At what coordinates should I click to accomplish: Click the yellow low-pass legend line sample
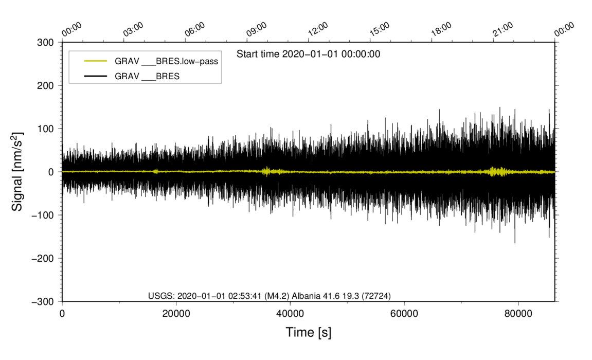pyautogui.click(x=96, y=61)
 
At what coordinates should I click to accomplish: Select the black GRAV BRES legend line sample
pyautogui.click(x=96, y=76)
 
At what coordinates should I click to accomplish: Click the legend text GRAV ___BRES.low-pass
pyautogui.click(x=167, y=61)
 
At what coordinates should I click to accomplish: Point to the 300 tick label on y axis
pyautogui.click(x=45, y=42)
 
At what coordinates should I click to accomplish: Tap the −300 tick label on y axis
pyautogui.click(x=42, y=302)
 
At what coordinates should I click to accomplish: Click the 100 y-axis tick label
pyautogui.click(x=45, y=129)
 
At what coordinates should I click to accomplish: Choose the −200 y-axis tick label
pyautogui.click(x=42, y=259)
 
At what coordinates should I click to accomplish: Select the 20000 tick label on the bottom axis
pyautogui.click(x=176, y=314)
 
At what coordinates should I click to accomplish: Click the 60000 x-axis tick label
pyautogui.click(x=404, y=314)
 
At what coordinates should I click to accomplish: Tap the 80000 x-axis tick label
pyautogui.click(x=518, y=314)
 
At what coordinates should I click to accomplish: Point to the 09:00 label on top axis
pyautogui.click(x=256, y=29)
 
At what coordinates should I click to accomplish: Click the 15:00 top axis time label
pyautogui.click(x=380, y=29)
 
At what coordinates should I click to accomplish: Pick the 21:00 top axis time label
pyautogui.click(x=503, y=29)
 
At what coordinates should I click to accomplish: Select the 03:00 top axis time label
pyautogui.click(x=133, y=29)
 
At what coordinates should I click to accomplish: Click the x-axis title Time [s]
pyautogui.click(x=309, y=332)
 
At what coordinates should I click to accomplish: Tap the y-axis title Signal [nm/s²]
pyautogui.click(x=17, y=172)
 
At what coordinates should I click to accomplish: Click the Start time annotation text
pyautogui.click(x=309, y=54)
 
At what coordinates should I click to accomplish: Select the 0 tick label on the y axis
pyautogui.click(x=51, y=172)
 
